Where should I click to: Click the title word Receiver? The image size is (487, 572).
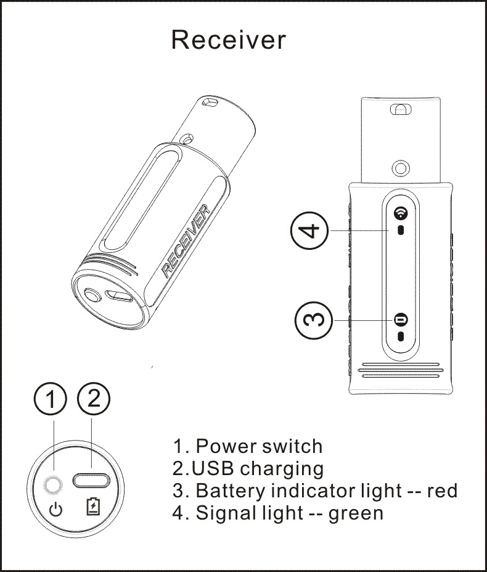pyautogui.click(x=228, y=39)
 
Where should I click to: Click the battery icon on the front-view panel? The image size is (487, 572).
pyautogui.click(x=401, y=320)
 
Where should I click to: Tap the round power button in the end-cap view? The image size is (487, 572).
pyautogui.click(x=54, y=487)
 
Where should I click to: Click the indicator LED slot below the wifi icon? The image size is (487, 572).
pyautogui.click(x=401, y=231)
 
